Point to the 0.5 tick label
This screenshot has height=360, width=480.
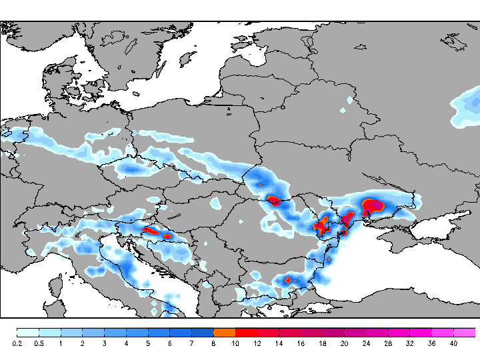[39, 343]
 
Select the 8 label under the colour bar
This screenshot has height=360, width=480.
[213, 343]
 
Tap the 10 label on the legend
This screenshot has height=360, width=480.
[235, 343]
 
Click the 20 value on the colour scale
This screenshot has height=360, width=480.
[344, 343]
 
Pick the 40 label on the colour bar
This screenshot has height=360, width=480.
[453, 343]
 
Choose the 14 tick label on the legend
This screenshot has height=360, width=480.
[279, 343]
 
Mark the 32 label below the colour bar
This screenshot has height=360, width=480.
[409, 343]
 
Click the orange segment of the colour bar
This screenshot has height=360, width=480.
[225, 332]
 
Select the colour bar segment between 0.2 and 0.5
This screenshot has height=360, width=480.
[28, 332]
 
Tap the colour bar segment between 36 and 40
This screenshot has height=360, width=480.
[443, 332]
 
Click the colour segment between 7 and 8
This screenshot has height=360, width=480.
[203, 332]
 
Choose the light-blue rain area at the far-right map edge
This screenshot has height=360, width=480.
[468, 107]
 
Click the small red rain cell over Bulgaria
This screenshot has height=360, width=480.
[289, 281]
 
